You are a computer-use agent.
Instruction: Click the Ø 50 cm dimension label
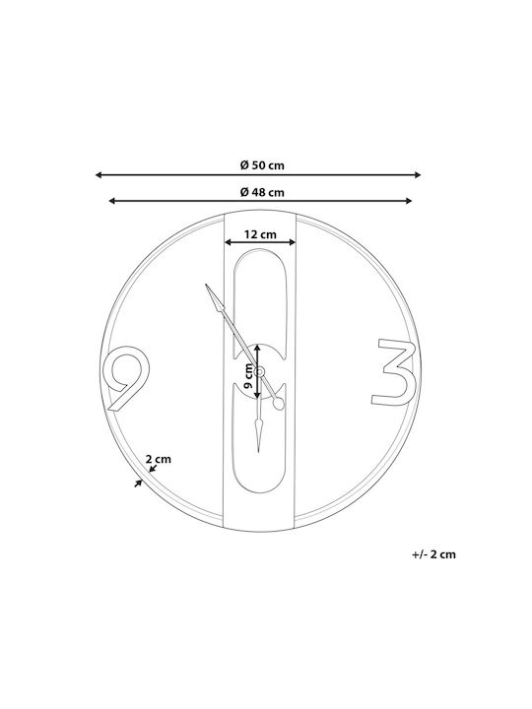262,165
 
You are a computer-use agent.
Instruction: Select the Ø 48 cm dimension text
262,193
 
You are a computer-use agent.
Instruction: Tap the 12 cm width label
260,234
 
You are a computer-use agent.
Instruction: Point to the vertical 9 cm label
248,376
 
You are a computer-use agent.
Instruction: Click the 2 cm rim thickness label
159,459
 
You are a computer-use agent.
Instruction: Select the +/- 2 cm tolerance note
433,554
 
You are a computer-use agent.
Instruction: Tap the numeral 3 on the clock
394,372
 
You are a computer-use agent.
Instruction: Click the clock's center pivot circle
259,371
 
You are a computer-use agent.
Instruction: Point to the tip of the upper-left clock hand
206,285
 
